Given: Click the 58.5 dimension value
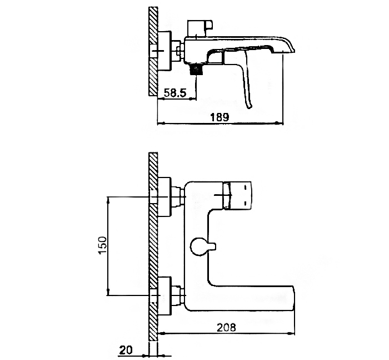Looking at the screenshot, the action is click(x=175, y=93).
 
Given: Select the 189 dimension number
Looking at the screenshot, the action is click(x=220, y=117).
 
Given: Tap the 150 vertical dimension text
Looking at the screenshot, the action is click(x=102, y=245).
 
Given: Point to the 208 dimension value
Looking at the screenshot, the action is click(x=226, y=327).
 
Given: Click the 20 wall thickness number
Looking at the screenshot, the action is click(x=126, y=350).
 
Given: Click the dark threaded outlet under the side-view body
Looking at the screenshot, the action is click(x=196, y=69).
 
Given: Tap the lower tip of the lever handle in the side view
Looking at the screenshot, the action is click(x=249, y=107).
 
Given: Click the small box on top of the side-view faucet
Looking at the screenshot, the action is click(x=200, y=28).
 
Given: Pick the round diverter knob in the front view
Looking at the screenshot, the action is click(x=198, y=246).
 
